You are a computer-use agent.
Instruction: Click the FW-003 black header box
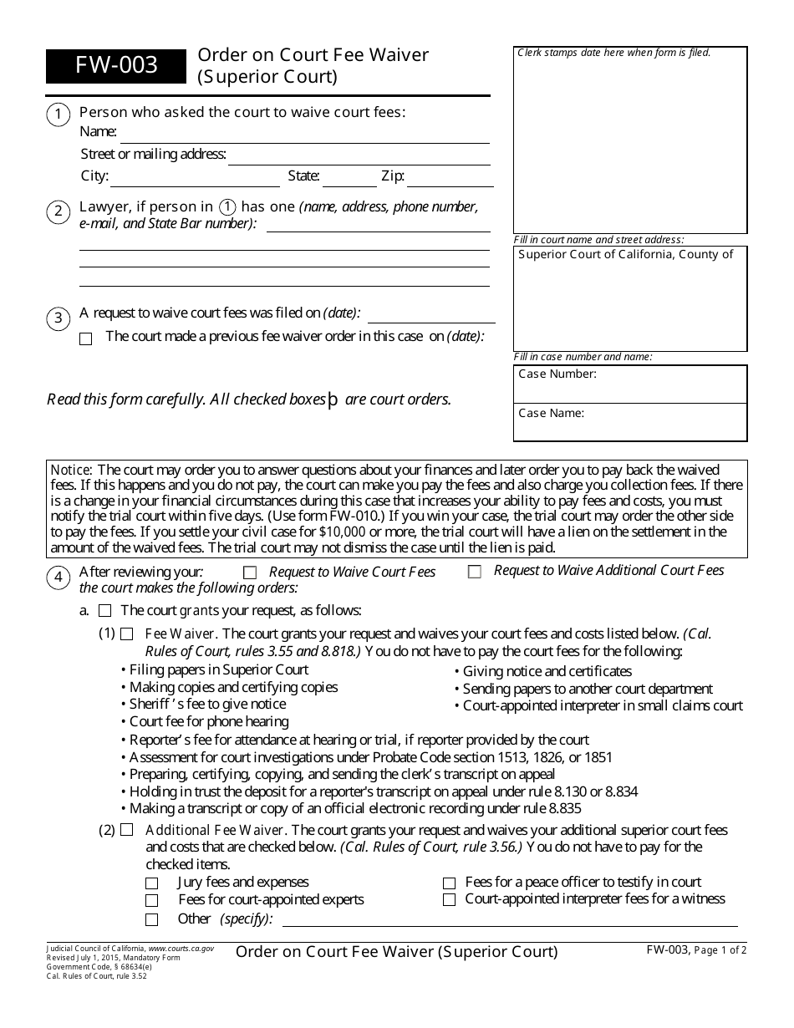pyautogui.click(x=116, y=66)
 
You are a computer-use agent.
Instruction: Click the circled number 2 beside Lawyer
pyautogui.click(x=58, y=211)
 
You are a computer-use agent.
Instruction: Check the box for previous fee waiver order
pyautogui.click(x=85, y=338)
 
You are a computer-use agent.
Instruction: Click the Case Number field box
pyautogui.click(x=630, y=384)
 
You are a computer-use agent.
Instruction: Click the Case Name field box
pyautogui.click(x=630, y=422)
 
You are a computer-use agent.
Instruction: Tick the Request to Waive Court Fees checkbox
pyautogui.click(x=249, y=573)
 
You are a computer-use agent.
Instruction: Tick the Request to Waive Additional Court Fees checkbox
pyautogui.click(x=475, y=573)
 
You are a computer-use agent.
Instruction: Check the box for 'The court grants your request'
pyautogui.click(x=104, y=611)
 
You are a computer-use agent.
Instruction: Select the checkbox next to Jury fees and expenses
pyautogui.click(x=151, y=883)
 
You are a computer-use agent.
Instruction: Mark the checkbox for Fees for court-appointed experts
pyautogui.click(x=151, y=901)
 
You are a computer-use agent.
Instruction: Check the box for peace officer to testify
pyautogui.click(x=449, y=883)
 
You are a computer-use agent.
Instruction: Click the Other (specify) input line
pyautogui.click(x=510, y=920)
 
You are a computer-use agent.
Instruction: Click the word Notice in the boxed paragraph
pyautogui.click(x=71, y=470)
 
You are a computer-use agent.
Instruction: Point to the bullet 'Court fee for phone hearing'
pyautogui.click(x=209, y=721)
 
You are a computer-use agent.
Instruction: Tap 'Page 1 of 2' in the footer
pyautogui.click(x=720, y=949)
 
